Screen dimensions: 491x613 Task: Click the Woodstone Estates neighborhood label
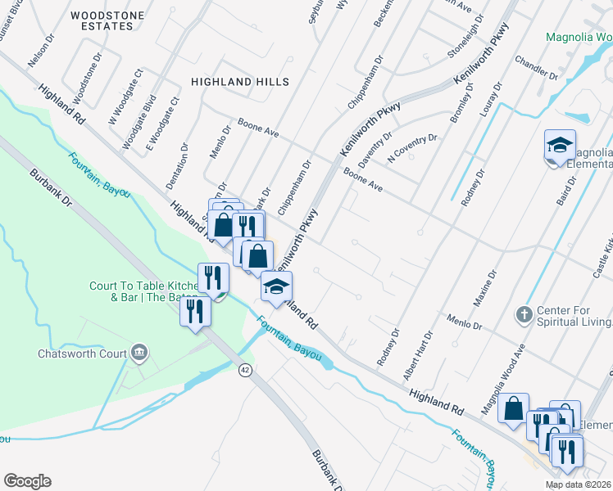(x=102, y=20)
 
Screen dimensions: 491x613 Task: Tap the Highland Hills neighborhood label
(x=240, y=82)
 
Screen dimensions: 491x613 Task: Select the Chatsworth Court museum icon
(x=139, y=354)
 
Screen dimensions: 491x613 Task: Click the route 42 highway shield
(x=245, y=370)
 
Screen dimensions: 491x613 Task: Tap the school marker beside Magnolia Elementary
(x=560, y=146)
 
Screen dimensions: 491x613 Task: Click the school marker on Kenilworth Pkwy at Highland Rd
(x=277, y=287)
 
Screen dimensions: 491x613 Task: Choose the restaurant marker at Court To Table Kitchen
(x=212, y=279)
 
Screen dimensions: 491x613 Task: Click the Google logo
(x=27, y=480)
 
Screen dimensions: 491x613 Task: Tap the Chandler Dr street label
(x=536, y=69)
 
